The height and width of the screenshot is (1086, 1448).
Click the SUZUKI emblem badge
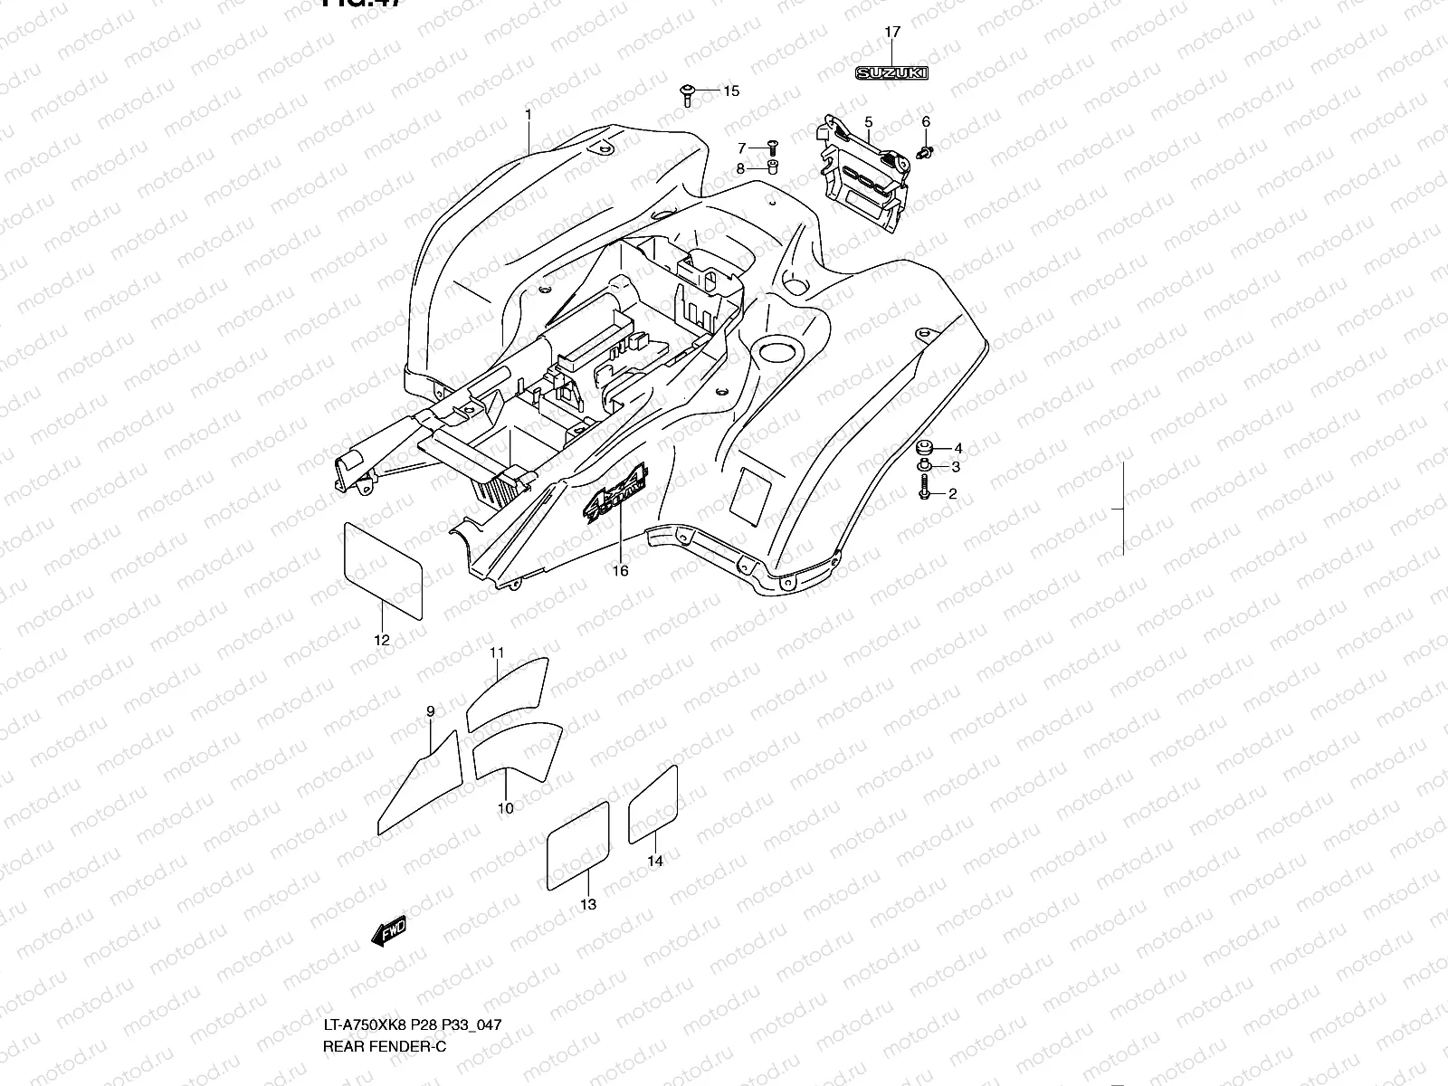pos(891,73)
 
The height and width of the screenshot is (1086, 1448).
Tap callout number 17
pos(891,33)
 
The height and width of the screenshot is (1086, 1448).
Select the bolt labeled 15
pos(687,93)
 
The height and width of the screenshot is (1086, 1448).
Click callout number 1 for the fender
pos(529,115)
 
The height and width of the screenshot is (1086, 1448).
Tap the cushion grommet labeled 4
pos(925,448)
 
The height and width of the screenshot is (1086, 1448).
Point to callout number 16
pos(620,571)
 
